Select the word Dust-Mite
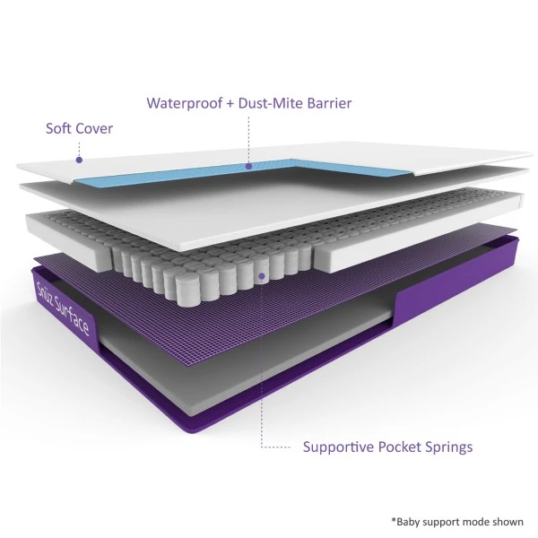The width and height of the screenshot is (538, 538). click(x=266, y=103)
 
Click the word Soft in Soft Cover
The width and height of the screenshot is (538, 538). click(x=60, y=128)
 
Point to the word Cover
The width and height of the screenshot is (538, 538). click(x=95, y=128)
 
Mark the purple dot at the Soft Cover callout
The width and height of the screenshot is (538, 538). click(x=79, y=160)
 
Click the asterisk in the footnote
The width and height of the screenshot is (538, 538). click(x=393, y=518)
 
